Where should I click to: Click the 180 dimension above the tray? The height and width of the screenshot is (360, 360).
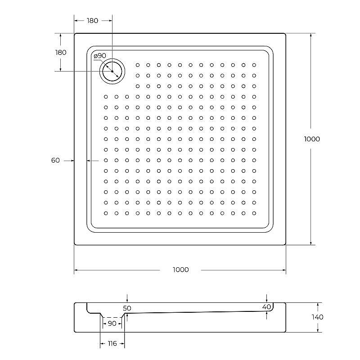point(92,21)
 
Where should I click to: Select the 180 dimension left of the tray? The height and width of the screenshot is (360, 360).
point(61,52)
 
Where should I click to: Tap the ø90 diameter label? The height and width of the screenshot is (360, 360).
point(100,56)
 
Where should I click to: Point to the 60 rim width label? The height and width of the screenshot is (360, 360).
point(56,160)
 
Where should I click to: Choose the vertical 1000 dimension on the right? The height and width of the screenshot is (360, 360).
point(312,139)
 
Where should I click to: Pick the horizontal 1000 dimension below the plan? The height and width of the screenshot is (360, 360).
point(180,270)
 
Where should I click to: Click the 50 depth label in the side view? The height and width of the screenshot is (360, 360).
point(127,308)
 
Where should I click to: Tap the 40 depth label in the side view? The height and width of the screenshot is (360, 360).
point(266,307)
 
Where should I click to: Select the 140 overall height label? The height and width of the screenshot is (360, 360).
point(317,317)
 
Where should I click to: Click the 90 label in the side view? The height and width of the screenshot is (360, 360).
point(112,324)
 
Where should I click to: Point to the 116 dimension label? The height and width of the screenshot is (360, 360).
point(112,344)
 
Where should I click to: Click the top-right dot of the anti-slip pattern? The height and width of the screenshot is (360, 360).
point(254,65)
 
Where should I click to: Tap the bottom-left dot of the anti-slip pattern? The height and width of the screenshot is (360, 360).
point(106,213)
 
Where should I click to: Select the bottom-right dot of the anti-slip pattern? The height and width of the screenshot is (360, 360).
point(254,213)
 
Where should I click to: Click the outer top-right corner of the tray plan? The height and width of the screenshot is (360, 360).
point(286,33)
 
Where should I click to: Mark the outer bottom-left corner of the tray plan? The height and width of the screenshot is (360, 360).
point(74,245)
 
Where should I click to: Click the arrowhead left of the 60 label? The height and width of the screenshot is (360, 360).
point(71,160)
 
